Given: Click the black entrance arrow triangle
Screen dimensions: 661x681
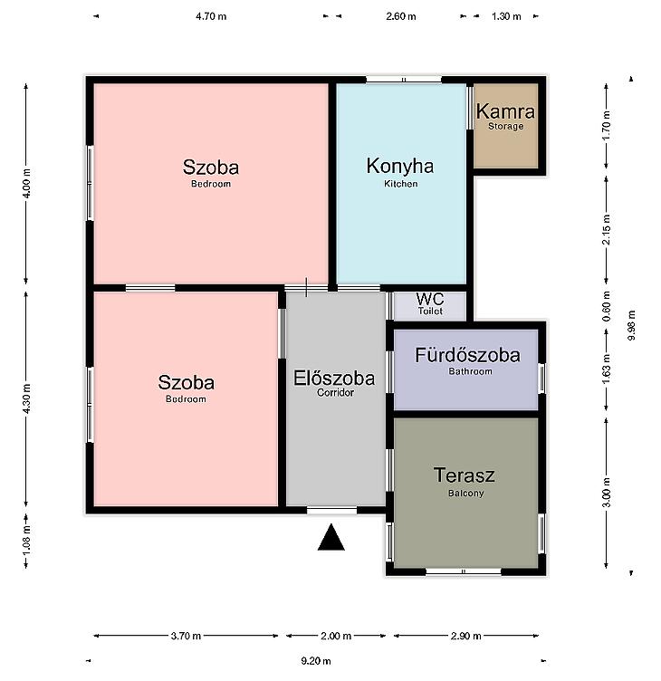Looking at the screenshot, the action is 330,538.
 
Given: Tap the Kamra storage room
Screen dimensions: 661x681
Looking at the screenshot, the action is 506,126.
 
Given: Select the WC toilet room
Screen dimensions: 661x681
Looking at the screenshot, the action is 430,306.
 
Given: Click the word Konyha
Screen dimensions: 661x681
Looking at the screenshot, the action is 400,166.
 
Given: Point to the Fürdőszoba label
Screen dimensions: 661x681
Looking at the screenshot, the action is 468,355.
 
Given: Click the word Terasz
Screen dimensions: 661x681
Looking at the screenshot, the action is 465,475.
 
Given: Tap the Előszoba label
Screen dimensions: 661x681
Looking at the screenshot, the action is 334,379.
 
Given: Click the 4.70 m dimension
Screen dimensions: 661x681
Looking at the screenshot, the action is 211,16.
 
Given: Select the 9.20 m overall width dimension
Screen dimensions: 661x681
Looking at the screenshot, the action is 316,661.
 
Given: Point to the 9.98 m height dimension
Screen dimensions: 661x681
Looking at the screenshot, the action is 632,326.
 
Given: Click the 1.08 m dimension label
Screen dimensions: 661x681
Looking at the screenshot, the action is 26,540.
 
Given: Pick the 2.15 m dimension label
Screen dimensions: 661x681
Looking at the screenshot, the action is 607,229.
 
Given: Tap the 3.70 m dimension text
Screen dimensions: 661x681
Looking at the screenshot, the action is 186,636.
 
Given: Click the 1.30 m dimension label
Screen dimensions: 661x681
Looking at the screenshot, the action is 506,16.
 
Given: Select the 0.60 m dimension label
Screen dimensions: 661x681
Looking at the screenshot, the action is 607,306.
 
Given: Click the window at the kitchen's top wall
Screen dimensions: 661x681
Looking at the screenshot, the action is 404,80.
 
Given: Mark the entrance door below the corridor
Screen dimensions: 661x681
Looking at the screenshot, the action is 331,510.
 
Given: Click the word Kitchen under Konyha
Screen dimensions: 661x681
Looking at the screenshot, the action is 401,184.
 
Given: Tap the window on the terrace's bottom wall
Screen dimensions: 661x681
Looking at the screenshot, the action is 464,571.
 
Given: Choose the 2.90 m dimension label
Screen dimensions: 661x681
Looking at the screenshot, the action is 466,636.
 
